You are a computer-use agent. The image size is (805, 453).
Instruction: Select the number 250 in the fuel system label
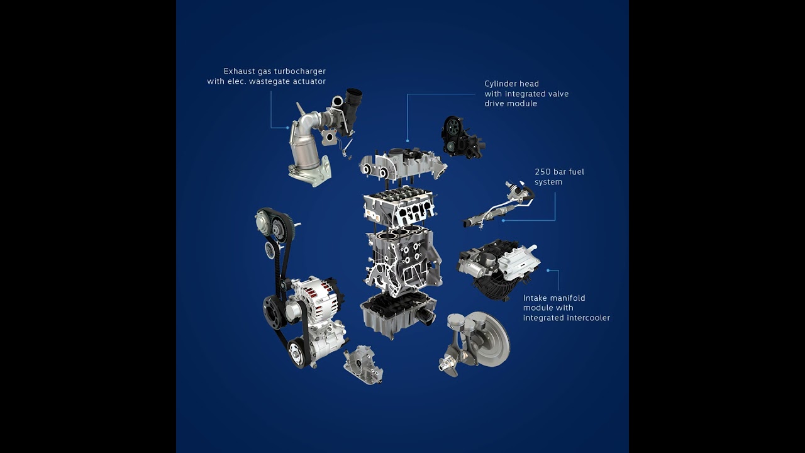point(543,172)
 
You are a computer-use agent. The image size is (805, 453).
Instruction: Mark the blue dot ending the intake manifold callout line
point(548,271)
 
